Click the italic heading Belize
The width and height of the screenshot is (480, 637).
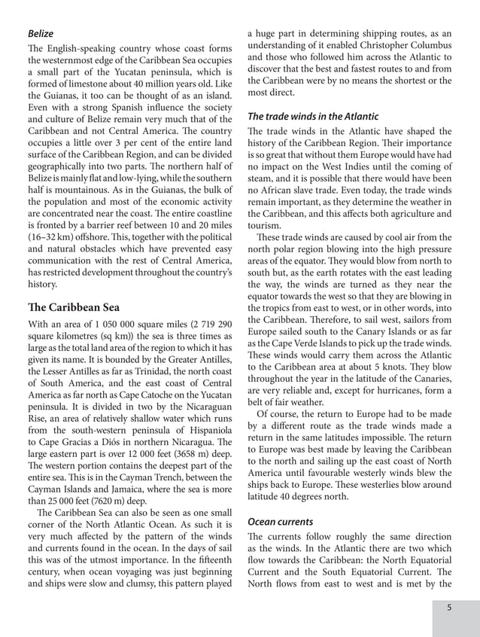tap(41, 34)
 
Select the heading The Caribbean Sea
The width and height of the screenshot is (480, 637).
tap(73, 307)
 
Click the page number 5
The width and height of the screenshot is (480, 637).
tap(448, 608)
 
